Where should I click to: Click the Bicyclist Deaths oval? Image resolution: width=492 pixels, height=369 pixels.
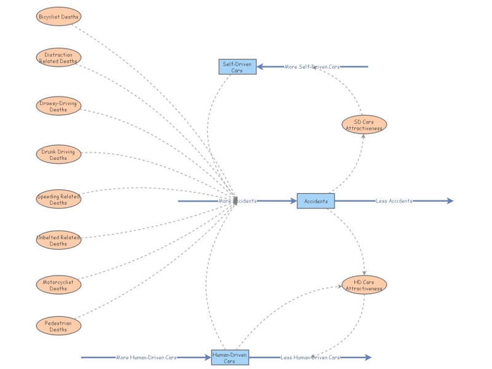click(x=58, y=17)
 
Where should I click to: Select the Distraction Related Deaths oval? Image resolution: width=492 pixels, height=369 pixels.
click(x=58, y=58)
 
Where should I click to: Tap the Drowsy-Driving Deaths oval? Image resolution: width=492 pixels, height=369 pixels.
click(x=58, y=106)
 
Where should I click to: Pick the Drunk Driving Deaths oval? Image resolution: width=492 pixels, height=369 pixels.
click(x=58, y=154)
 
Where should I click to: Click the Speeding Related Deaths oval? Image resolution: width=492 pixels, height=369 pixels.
click(x=58, y=199)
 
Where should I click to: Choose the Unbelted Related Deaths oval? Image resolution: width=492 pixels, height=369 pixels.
click(x=58, y=240)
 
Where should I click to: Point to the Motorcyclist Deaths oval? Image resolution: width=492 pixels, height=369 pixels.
click(x=58, y=285)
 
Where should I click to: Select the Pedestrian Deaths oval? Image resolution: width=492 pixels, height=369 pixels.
click(x=58, y=326)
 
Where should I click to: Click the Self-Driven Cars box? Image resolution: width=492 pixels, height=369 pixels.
click(x=237, y=66)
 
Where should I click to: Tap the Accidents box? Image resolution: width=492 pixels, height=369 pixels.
click(x=315, y=201)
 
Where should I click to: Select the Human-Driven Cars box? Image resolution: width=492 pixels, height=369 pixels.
click(x=229, y=357)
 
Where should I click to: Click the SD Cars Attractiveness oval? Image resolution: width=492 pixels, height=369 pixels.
click(x=364, y=125)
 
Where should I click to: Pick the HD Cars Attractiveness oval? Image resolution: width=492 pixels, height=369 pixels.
click(x=364, y=285)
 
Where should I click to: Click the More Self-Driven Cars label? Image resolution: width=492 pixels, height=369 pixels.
click(x=312, y=66)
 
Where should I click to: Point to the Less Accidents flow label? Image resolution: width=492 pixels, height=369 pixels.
click(x=394, y=201)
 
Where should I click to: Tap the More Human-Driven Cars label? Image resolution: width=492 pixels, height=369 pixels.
click(x=146, y=357)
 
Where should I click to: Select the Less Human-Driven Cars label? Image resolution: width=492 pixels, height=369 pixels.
click(x=310, y=357)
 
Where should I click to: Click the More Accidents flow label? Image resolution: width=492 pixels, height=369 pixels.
click(x=237, y=201)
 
